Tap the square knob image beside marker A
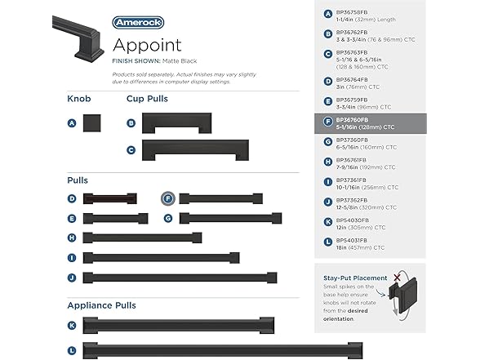91,123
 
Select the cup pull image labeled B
176,123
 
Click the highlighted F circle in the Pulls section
167,198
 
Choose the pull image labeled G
230,218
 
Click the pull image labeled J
180,277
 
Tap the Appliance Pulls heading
101,305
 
